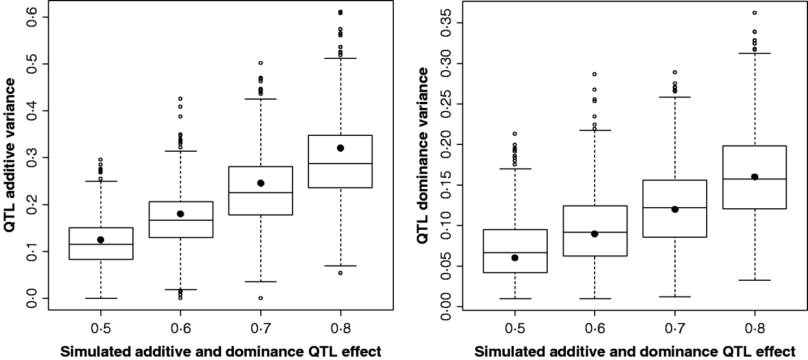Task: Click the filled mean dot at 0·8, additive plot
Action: (340, 148)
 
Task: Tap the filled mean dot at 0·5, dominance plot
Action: (515, 258)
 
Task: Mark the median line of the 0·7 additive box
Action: (260, 193)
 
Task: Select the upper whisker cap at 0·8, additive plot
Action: (340, 58)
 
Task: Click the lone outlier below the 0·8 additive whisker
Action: (340, 273)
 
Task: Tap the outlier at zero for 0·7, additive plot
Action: (260, 298)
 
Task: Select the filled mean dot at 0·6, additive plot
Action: (180, 213)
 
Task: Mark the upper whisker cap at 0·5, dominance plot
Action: (515, 169)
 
